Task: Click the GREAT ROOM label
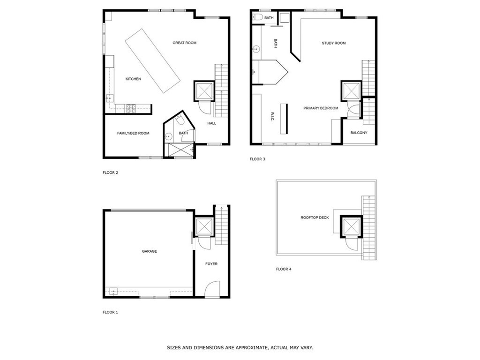[184, 43]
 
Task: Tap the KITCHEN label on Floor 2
[133, 79]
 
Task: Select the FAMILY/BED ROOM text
[133, 133]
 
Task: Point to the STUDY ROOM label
[334, 43]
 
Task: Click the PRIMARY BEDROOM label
[321, 108]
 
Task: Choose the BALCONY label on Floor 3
[359, 133]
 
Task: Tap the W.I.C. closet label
[272, 117]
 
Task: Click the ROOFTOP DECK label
[315, 217]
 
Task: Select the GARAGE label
[150, 251]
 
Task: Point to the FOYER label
[211, 264]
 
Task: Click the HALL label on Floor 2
[212, 123]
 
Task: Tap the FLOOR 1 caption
[111, 312]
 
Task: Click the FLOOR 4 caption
[284, 269]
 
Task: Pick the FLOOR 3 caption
[257, 159]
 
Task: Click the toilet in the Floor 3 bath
[257, 18]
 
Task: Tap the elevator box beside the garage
[204, 226]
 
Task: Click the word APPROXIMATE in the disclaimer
[250, 348]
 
